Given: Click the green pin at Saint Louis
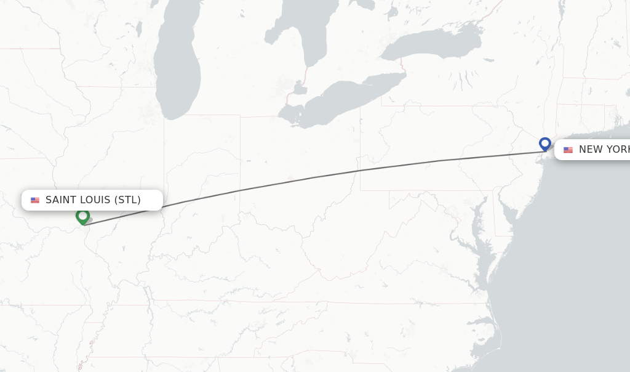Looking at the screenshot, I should click(82, 216).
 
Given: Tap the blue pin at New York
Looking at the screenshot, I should click(544, 144).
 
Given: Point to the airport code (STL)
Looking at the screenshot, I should click(127, 200).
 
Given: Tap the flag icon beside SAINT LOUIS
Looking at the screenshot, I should click(35, 200).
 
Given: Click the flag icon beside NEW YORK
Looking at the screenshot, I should click(568, 150).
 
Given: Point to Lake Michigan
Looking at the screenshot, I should click(177, 68).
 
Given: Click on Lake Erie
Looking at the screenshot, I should click(345, 99).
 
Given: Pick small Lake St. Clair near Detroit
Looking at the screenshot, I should click(300, 88).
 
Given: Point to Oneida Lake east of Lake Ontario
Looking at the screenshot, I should click(488, 60).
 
